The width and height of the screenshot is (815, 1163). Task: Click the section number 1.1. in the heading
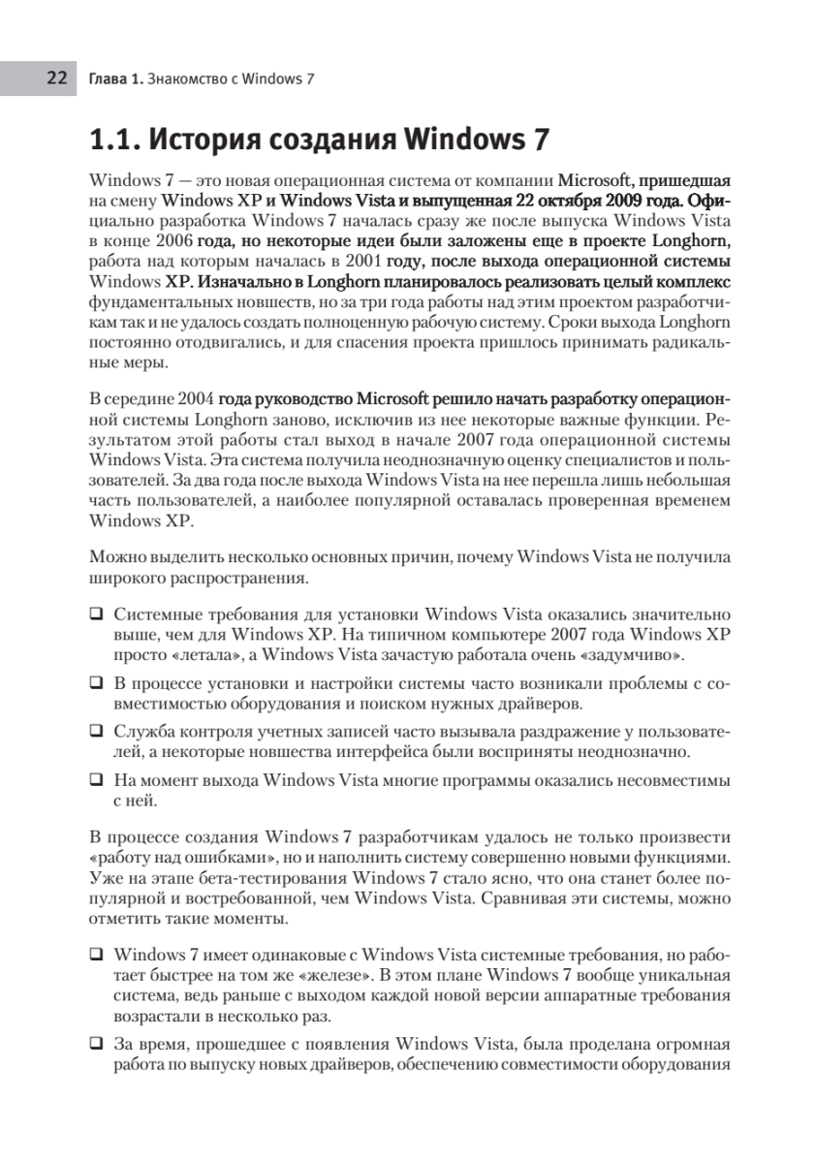coord(115,141)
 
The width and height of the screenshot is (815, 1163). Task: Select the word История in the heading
coord(207,141)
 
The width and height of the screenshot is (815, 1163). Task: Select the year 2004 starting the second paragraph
coord(196,398)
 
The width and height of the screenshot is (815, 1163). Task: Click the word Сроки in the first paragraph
coord(573,322)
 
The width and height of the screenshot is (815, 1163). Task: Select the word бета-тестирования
coord(265,879)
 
